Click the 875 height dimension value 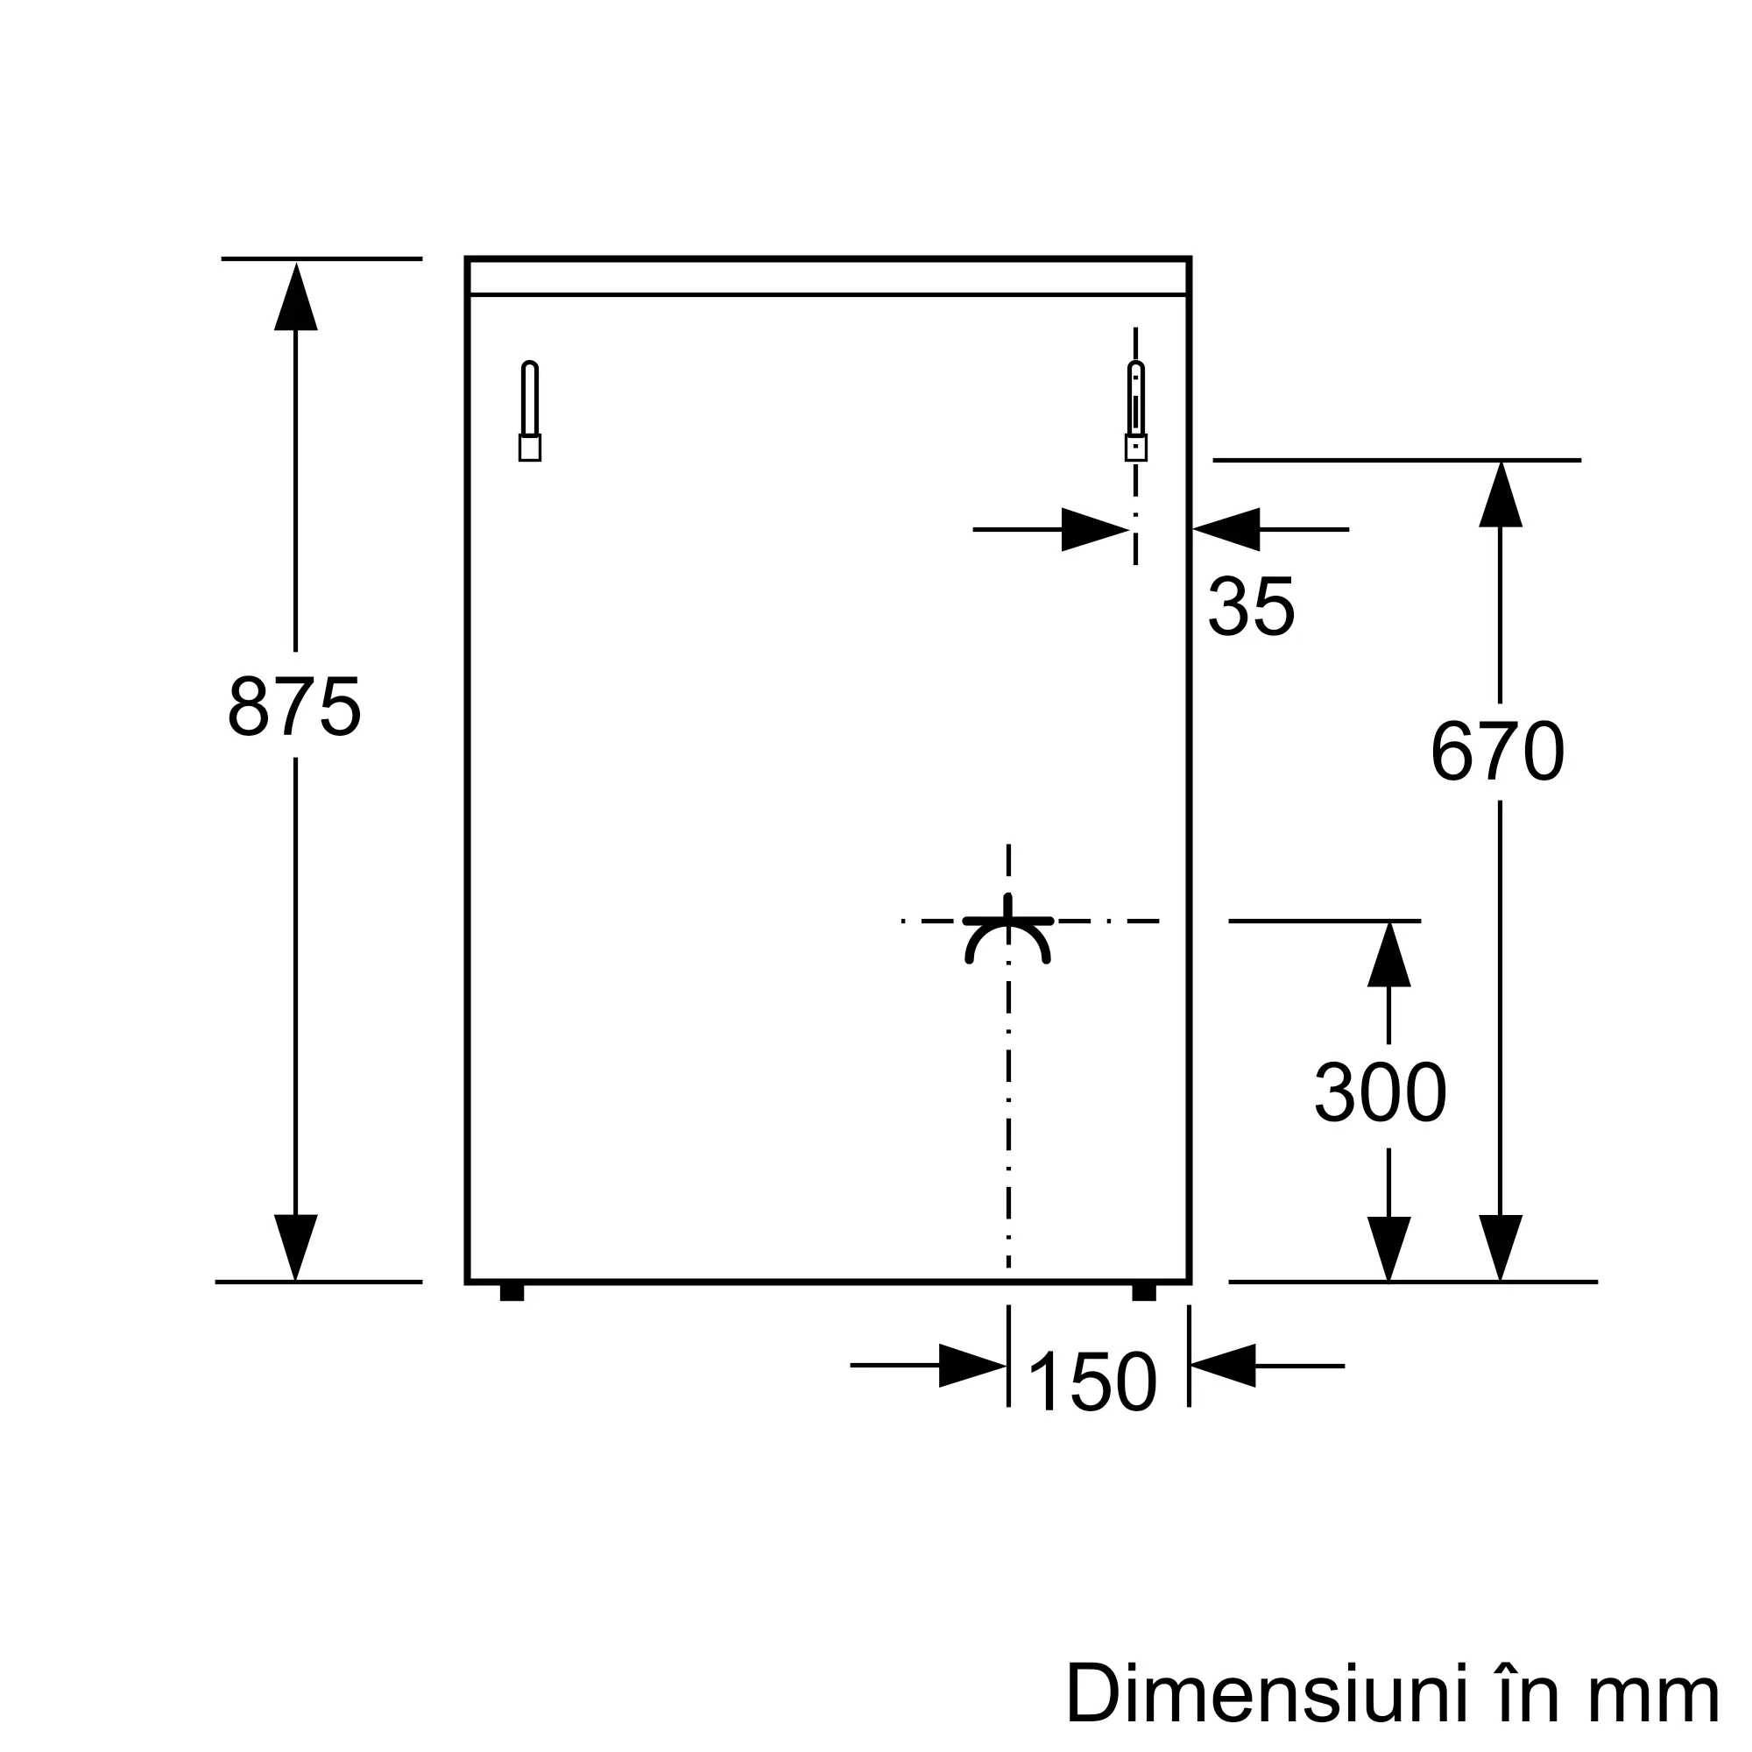(x=294, y=705)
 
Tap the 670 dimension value (x=1498, y=751)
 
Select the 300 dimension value (x=1381, y=1092)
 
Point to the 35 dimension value (x=1252, y=606)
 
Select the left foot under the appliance (x=512, y=1292)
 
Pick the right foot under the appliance (x=1144, y=1292)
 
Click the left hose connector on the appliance (x=531, y=411)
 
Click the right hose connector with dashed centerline (x=1135, y=411)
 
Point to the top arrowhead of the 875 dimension (x=295, y=295)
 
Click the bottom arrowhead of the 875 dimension (x=295, y=1247)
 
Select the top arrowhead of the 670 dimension (x=1501, y=494)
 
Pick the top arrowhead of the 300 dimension (x=1389, y=954)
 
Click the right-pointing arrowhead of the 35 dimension (x=1096, y=530)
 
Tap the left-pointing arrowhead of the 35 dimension (x=1226, y=530)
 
